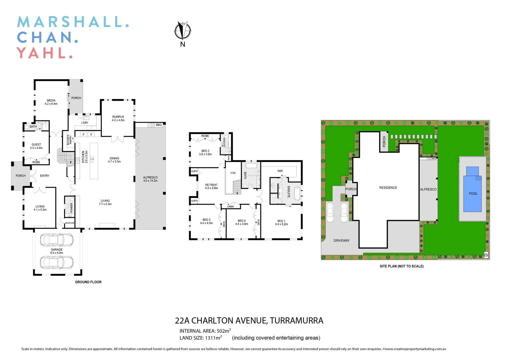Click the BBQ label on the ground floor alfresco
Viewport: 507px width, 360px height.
tap(159, 125)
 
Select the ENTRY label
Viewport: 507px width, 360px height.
tap(44, 176)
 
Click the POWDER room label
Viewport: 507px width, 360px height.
tap(71, 208)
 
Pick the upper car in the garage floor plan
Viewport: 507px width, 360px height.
tap(57, 239)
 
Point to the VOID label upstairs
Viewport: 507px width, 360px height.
tap(233, 173)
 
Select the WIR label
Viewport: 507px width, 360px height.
tap(280, 171)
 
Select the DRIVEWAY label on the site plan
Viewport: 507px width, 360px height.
tap(342, 240)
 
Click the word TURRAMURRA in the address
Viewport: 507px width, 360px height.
tap(296, 321)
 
